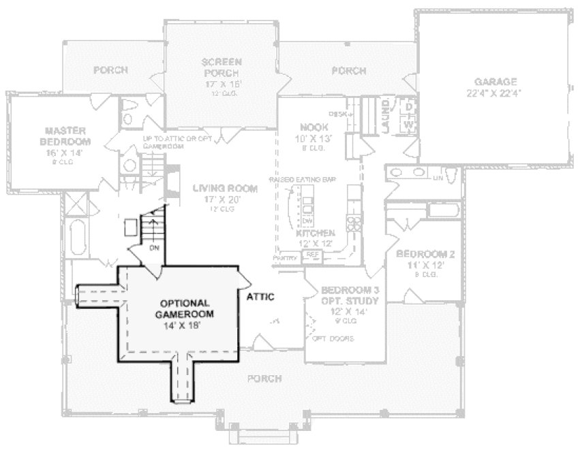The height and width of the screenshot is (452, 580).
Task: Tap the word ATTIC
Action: tap(260, 297)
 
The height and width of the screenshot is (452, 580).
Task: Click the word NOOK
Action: tap(314, 127)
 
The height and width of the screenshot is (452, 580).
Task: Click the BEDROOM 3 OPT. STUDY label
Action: tap(350, 295)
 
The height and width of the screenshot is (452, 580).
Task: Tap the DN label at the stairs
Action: tap(154, 248)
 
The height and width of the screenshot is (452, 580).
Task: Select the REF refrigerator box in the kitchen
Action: tap(312, 254)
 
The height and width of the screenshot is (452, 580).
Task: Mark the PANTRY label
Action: tap(284, 259)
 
